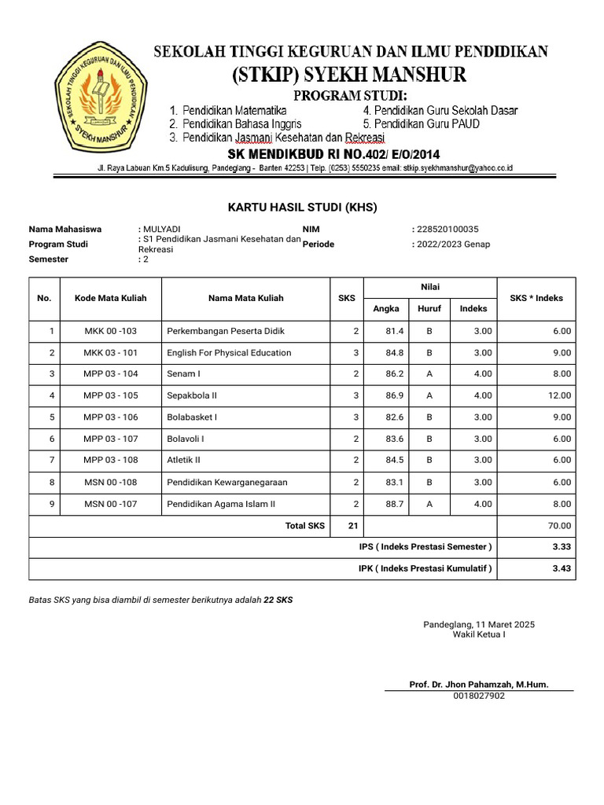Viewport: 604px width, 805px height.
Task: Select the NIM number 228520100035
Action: point(447,229)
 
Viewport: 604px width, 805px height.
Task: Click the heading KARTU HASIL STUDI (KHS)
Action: point(302,208)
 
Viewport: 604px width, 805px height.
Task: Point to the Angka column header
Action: point(386,309)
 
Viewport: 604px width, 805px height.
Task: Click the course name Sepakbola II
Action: point(192,395)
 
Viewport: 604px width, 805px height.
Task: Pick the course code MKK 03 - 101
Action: point(111,353)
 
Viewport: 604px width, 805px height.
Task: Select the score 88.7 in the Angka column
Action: point(395,504)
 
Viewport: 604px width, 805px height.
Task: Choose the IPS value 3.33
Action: point(561,547)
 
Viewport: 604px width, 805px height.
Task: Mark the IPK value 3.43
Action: point(561,568)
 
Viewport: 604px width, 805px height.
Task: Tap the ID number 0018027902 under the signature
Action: point(479,696)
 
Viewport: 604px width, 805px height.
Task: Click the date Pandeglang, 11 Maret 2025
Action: point(479,624)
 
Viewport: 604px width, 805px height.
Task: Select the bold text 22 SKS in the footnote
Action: point(278,600)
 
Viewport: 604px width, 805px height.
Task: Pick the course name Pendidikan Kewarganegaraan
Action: point(227,482)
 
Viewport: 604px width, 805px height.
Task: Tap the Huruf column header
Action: point(429,309)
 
